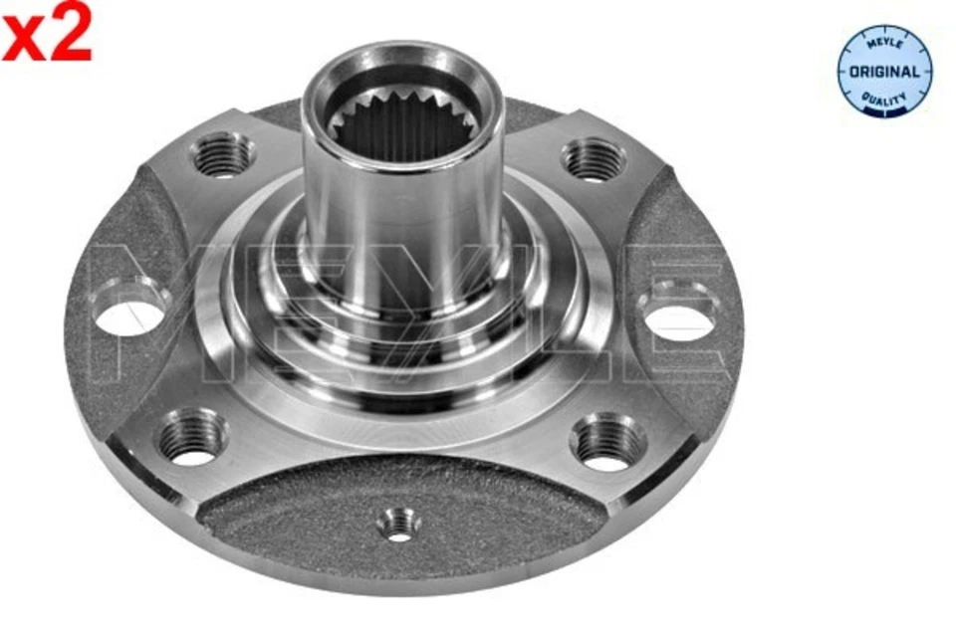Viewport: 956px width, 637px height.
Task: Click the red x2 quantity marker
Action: click(x=47, y=31)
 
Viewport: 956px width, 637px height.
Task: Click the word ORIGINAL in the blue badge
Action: click(x=883, y=72)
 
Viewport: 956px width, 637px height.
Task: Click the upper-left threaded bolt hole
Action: click(x=224, y=155)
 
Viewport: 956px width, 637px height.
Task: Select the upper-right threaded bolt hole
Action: click(x=594, y=159)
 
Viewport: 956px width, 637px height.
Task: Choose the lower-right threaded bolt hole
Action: click(x=608, y=442)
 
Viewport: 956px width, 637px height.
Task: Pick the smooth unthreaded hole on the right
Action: click(x=677, y=313)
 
